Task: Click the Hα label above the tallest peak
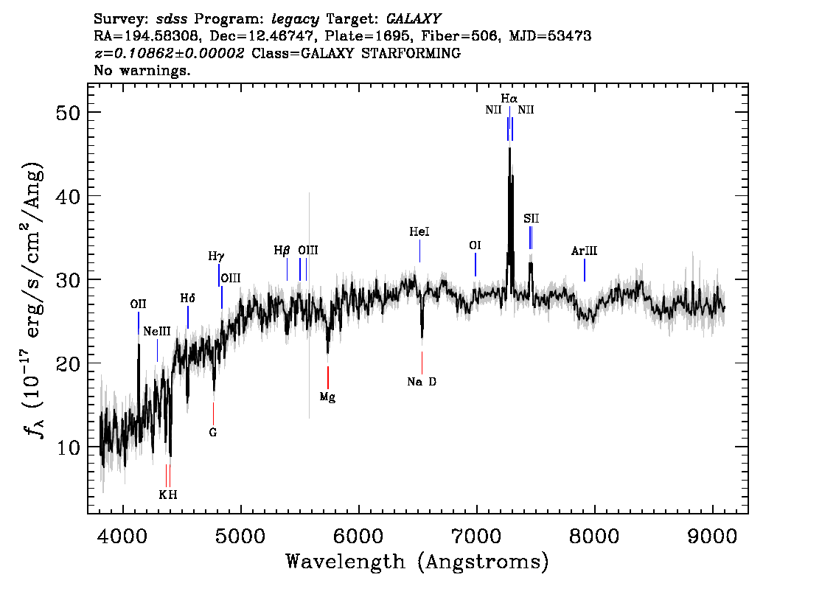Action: pyautogui.click(x=509, y=99)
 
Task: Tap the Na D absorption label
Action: pyautogui.click(x=422, y=382)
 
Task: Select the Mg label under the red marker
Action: pyautogui.click(x=327, y=397)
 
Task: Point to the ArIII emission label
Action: pyautogui.click(x=585, y=251)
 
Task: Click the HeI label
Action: pyautogui.click(x=419, y=231)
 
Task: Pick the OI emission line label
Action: pyautogui.click(x=475, y=245)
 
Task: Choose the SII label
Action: pyautogui.click(x=531, y=219)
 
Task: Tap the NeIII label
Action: pyautogui.click(x=157, y=332)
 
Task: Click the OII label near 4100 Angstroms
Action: pyautogui.click(x=138, y=304)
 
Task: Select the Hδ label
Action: pyautogui.click(x=188, y=298)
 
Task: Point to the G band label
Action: pyautogui.click(x=213, y=433)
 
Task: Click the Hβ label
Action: pyautogui.click(x=282, y=250)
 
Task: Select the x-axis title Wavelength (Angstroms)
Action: pyautogui.click(x=417, y=562)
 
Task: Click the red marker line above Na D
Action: pyautogui.click(x=422, y=363)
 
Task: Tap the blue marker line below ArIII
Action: pyautogui.click(x=585, y=270)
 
